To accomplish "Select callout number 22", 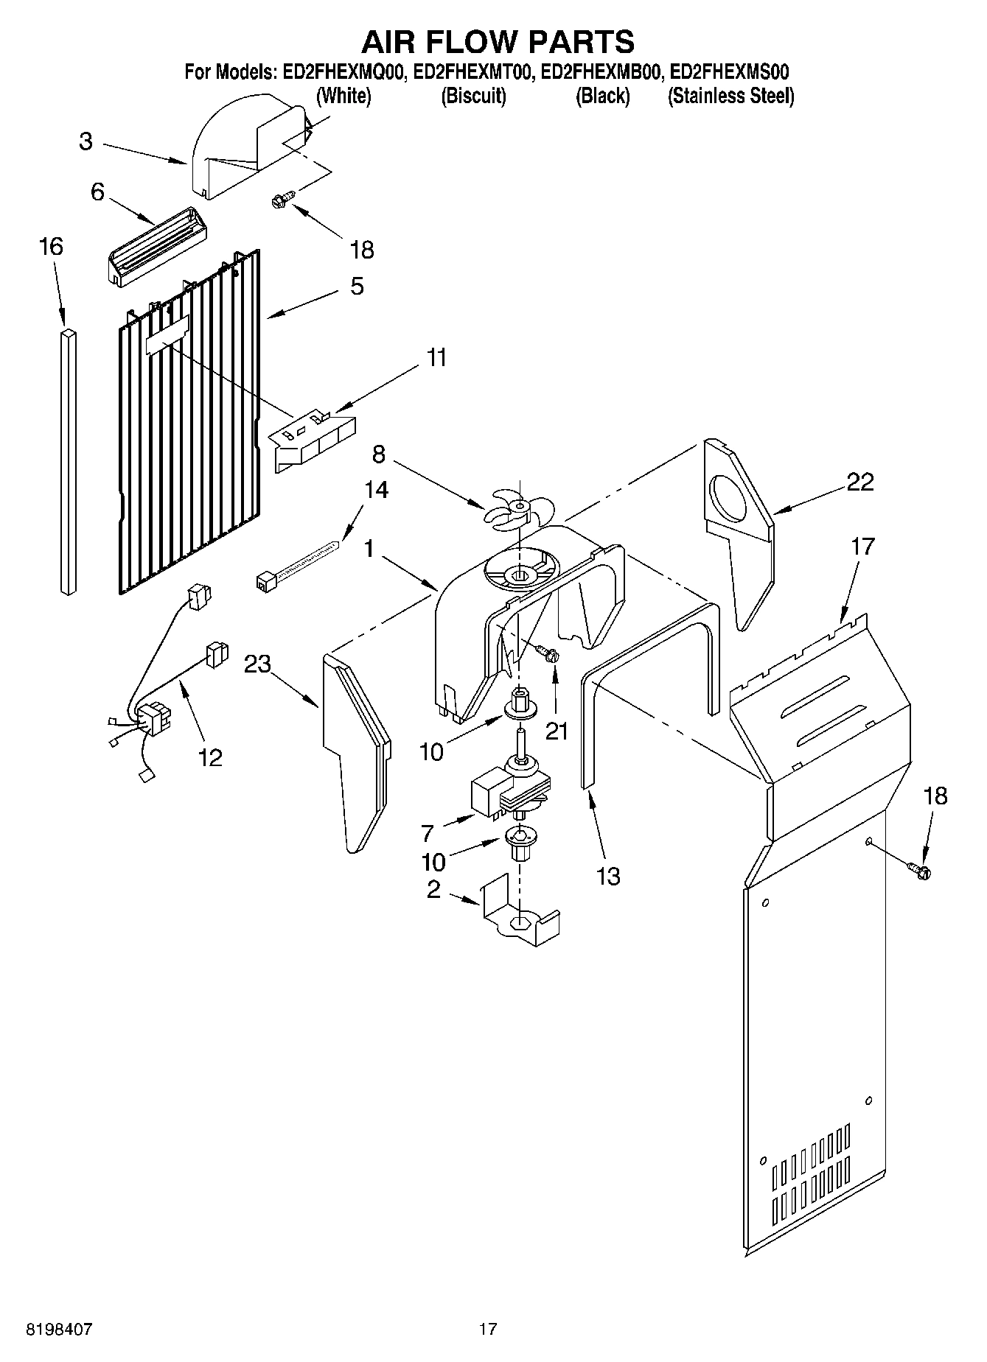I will (x=859, y=482).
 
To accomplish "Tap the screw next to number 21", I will (x=547, y=652).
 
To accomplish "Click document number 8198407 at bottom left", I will (x=59, y=1330).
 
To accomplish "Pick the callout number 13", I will (x=609, y=877).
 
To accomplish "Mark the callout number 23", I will (x=257, y=664).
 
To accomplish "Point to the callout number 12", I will (x=210, y=757).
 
